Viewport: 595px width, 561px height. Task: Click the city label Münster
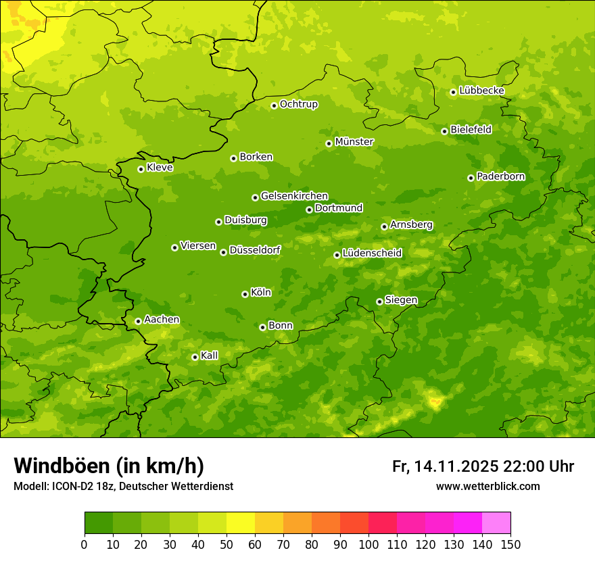(354, 142)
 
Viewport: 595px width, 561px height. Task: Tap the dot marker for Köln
(245, 294)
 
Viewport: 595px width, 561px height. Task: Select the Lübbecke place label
(481, 91)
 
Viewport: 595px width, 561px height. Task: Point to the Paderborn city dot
(471, 178)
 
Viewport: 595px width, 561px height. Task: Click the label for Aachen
(162, 320)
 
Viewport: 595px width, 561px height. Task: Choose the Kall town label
(209, 356)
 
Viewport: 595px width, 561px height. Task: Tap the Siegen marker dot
(379, 301)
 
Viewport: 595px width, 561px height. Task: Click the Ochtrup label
(298, 104)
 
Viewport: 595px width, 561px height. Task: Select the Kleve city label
(160, 168)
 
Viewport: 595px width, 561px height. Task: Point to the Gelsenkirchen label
(294, 196)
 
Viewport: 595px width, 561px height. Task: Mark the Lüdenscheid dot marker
(337, 255)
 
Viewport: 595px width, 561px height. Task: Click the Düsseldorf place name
(254, 250)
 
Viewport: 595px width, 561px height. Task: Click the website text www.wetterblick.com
(487, 487)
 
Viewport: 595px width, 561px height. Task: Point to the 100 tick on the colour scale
(368, 545)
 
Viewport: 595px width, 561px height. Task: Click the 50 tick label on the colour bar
(227, 545)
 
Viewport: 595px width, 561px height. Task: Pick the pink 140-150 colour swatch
(496, 523)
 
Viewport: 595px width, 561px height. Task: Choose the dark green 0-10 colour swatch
(99, 523)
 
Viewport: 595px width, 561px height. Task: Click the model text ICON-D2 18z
(78, 487)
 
